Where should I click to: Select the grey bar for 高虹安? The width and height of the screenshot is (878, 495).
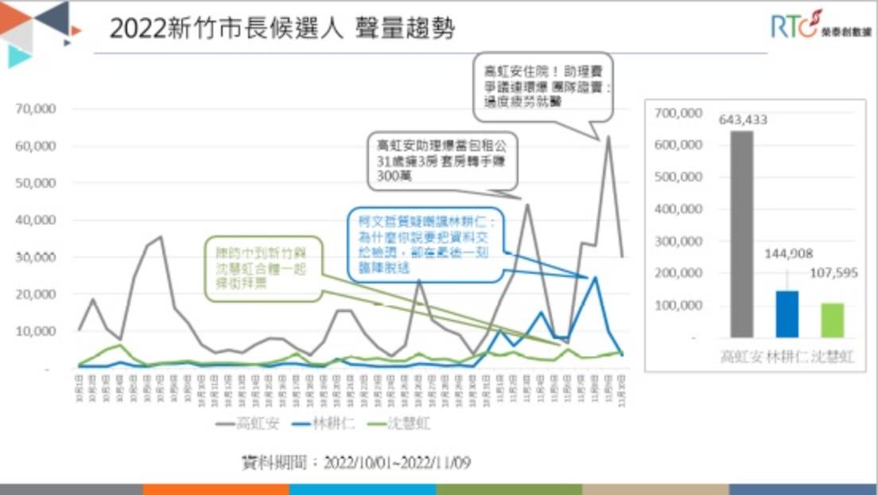coord(740,234)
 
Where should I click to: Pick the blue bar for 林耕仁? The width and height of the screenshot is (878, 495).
coord(787,314)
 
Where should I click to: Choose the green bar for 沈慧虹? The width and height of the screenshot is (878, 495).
coord(832,320)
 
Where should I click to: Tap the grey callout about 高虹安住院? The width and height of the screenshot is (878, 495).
coord(544,86)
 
